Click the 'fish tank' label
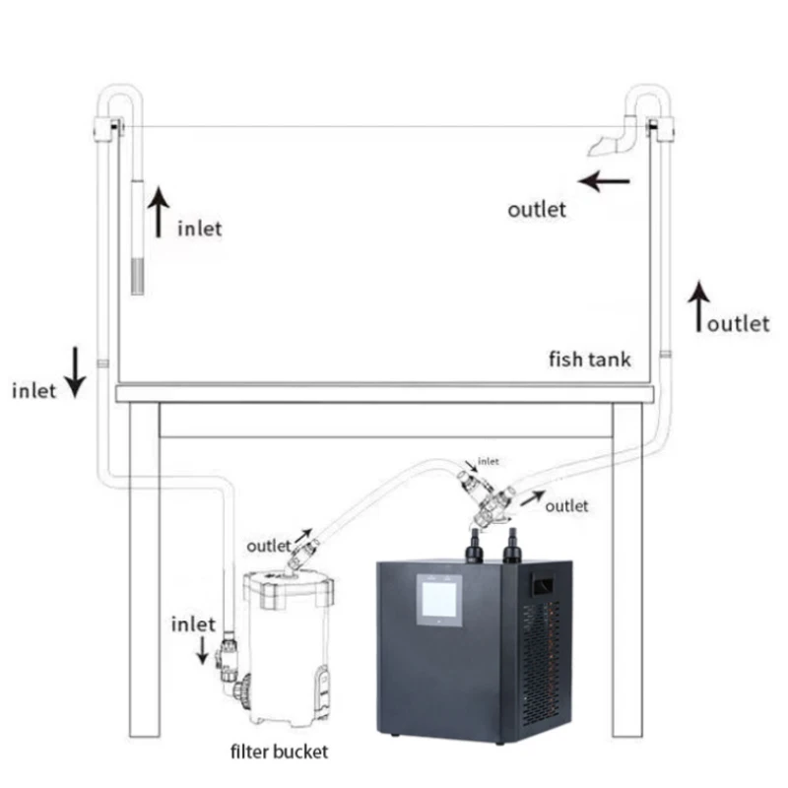(590, 359)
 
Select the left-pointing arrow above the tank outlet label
(604, 181)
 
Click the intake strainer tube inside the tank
(138, 236)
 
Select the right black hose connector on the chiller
(512, 545)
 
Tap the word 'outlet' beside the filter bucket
(269, 545)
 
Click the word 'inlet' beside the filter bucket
(193, 624)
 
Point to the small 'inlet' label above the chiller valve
(488, 460)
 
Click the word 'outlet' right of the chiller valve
(566, 505)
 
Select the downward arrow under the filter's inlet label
(203, 649)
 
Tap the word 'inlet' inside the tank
(199, 230)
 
